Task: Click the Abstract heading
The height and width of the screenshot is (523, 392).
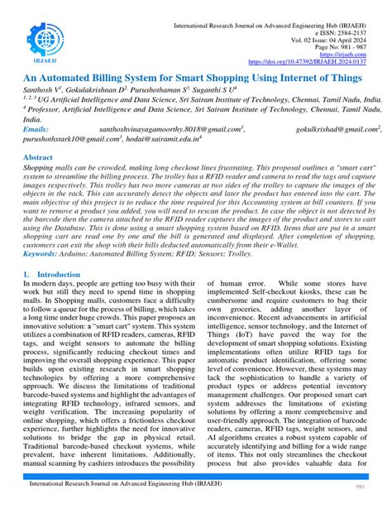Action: coord(39,156)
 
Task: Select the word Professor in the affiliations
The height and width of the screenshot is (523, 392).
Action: coord(49,108)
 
